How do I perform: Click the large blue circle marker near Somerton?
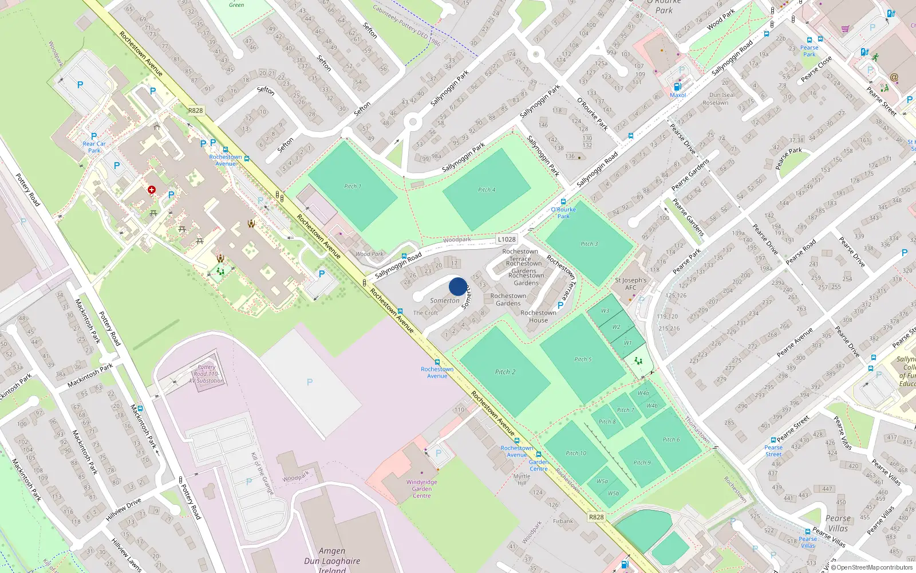458,286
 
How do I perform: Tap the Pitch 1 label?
353,186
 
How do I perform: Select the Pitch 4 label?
487,190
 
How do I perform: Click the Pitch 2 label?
505,372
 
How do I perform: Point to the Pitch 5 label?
583,359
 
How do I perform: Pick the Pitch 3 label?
589,244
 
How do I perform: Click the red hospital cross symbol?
152,190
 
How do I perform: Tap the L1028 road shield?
507,240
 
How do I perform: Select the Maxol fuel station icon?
677,87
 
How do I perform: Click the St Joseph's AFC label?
630,284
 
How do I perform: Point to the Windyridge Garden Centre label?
422,489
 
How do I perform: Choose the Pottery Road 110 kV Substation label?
207,374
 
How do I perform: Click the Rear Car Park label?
94,147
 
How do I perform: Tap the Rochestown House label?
538,316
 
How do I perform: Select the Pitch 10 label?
576,453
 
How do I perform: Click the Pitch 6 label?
672,439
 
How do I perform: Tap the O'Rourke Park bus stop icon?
563,202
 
